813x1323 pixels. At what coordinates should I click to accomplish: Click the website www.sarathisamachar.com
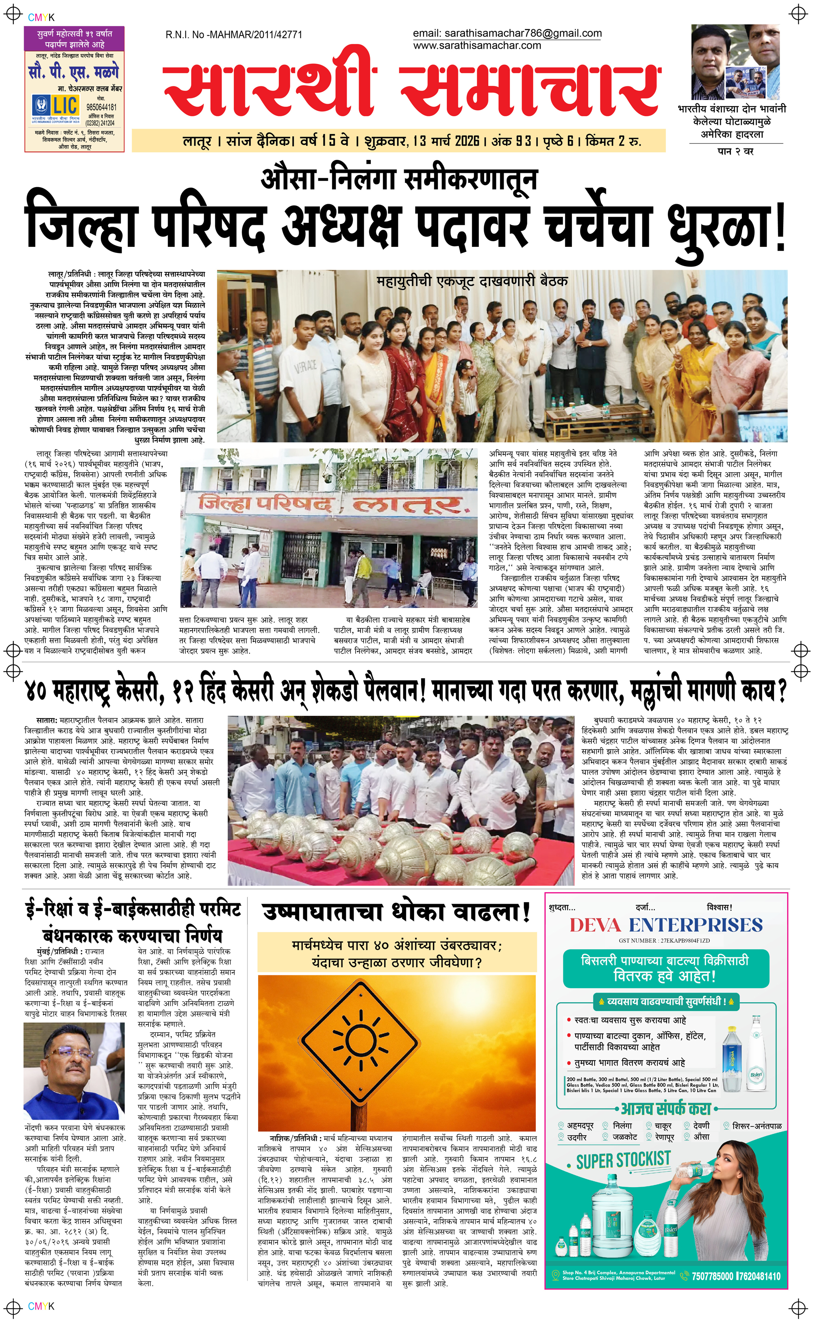pos(477,46)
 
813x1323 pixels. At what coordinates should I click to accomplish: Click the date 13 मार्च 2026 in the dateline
pos(446,142)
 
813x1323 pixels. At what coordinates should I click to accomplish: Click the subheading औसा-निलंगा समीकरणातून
pos(398,179)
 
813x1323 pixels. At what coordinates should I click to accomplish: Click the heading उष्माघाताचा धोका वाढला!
pos(396,913)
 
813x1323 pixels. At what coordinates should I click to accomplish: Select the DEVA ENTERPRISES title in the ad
pos(666,925)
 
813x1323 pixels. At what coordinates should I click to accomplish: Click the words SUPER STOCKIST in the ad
pos(623,1161)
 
